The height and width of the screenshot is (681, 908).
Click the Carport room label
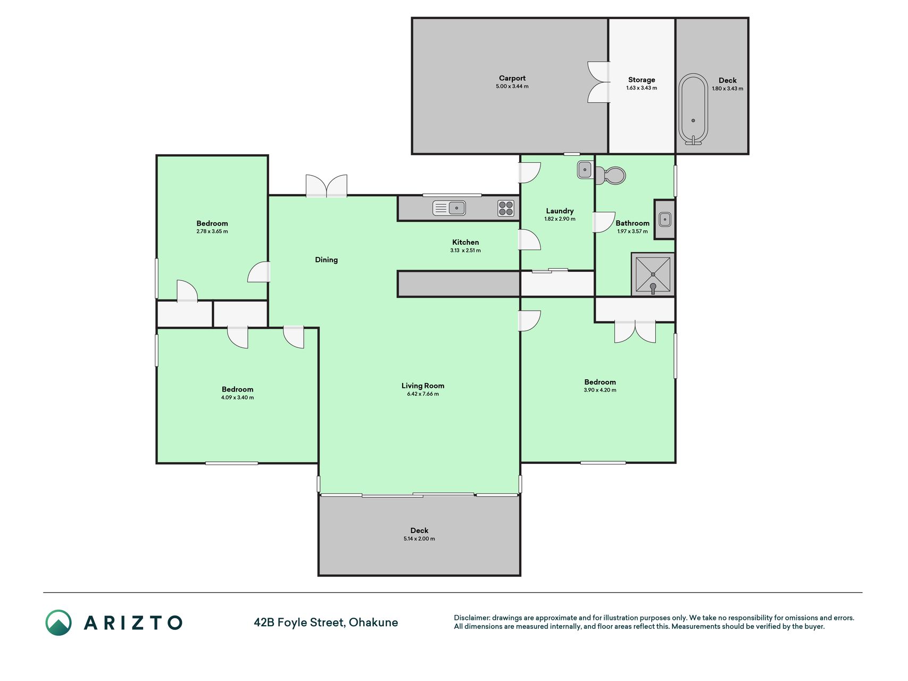[x=512, y=78]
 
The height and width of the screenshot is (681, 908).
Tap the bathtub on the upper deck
[x=693, y=109]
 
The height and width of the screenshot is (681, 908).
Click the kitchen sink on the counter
[x=449, y=208]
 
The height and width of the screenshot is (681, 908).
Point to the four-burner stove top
[x=506, y=208]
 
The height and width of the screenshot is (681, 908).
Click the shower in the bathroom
[x=653, y=275]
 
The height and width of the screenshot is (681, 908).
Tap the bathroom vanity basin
[x=664, y=219]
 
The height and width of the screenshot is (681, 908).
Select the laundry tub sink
[x=585, y=170]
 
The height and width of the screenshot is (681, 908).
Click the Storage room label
[x=642, y=80]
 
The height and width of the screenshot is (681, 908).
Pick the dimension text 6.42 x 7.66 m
[x=423, y=394]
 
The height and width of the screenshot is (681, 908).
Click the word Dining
[x=326, y=260]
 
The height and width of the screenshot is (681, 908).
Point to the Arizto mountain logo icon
[x=59, y=622]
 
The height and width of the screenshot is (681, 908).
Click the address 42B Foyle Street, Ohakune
[x=326, y=622]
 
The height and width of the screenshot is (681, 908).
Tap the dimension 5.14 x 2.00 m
[x=419, y=539]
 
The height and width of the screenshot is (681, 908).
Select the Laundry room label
[x=560, y=211]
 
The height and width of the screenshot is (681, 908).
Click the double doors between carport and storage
[x=599, y=82]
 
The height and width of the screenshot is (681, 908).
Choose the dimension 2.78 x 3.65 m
[x=212, y=231]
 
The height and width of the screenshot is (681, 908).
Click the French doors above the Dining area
[x=327, y=186]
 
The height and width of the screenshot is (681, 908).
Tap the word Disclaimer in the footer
[x=472, y=618]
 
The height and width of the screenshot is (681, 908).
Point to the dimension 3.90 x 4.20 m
[x=600, y=390]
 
